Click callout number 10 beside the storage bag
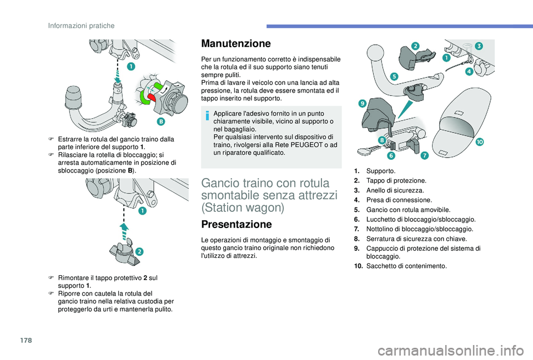479,143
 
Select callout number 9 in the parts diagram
361,103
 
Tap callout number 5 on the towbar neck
394,77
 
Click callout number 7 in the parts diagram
424,156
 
